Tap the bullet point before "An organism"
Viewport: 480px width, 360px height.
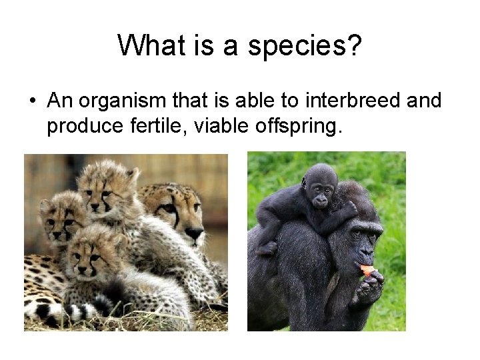pos(32,101)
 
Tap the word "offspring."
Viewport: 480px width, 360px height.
pos(301,126)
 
